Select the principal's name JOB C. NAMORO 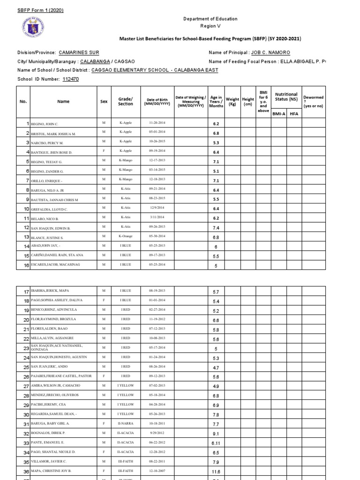[x=270, y=52]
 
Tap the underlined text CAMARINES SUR [x=79, y=52]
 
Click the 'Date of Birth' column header [x=157, y=102]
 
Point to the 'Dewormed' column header [x=313, y=101]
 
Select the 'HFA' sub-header [x=293, y=113]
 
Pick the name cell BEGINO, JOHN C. [x=45, y=124]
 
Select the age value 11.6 [x=216, y=472]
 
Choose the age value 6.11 [x=216, y=443]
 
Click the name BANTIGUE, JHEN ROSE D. [x=52, y=152]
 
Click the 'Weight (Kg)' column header [x=232, y=102]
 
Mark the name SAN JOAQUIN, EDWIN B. [x=50, y=227]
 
